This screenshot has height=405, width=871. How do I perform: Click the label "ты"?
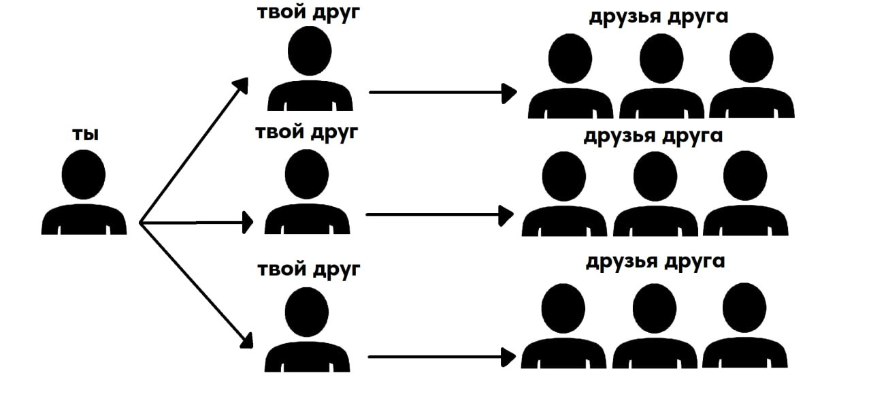tap(85, 135)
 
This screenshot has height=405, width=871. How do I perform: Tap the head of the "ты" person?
tap(84, 174)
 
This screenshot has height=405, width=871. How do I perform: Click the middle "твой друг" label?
tap(306, 132)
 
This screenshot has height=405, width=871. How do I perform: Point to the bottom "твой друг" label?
tap(308, 270)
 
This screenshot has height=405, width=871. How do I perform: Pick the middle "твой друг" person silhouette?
tap(307, 194)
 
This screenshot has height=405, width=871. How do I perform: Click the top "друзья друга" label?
tap(658, 17)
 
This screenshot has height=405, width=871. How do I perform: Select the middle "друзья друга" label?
tap(653, 135)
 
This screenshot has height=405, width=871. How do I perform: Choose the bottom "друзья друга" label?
tap(655, 261)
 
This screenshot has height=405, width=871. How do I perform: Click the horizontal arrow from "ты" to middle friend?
tap(197, 222)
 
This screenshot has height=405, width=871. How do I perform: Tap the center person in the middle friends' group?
tap(655, 197)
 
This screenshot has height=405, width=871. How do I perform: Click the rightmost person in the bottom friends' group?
tap(744, 329)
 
